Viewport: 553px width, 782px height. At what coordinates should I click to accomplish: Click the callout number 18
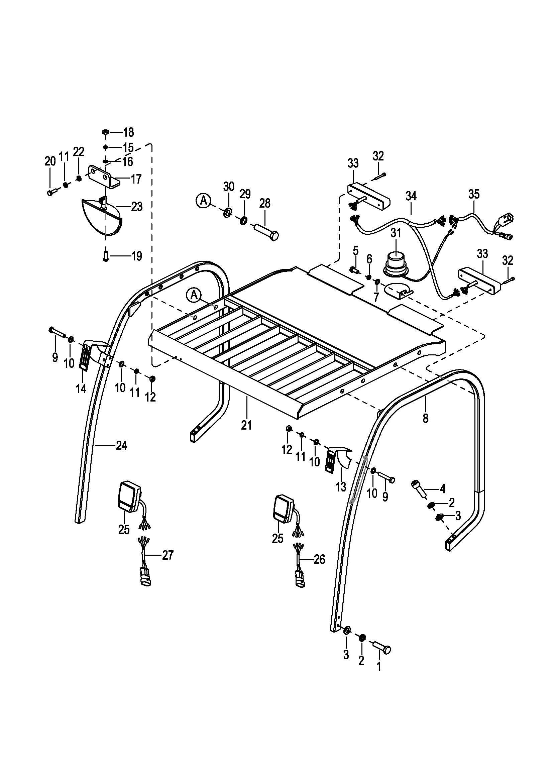[x=128, y=132]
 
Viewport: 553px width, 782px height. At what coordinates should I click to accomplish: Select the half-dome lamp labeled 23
[x=102, y=216]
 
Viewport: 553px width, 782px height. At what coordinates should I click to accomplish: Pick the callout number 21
[x=246, y=425]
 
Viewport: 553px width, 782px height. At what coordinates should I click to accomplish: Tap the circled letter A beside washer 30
[x=203, y=200]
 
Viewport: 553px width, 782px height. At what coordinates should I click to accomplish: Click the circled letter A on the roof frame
[x=194, y=295]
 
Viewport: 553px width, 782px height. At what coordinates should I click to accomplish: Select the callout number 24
[x=122, y=445]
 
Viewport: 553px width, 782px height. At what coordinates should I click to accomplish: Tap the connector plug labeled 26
[x=300, y=579]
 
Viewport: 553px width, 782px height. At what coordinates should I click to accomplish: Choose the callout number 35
[x=474, y=194]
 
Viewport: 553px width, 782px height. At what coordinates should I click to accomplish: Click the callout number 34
[x=411, y=196]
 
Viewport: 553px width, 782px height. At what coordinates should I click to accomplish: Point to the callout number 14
[x=81, y=388]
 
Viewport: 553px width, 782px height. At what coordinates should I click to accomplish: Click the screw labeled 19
[x=106, y=255]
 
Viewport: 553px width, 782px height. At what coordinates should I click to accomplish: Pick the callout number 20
[x=50, y=161]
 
